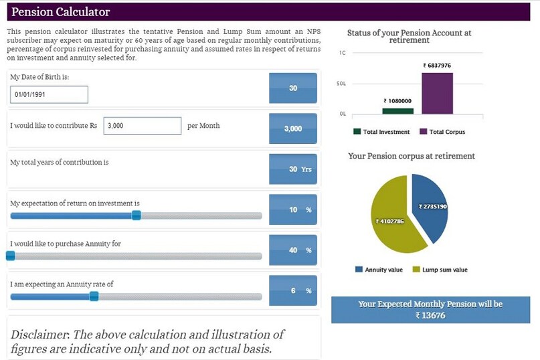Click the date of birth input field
[x=50, y=95]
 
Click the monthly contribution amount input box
[x=142, y=126]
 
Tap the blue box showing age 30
[x=292, y=88]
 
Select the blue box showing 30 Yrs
[x=292, y=169]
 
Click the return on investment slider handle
[x=136, y=215]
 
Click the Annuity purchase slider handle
[x=10, y=255]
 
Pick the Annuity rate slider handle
[x=94, y=296]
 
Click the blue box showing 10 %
[x=292, y=210]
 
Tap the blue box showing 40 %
[x=292, y=250]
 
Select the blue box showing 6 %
[x=292, y=291]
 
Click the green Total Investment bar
[x=397, y=110]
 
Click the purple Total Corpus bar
[x=437, y=93]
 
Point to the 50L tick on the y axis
[x=341, y=84]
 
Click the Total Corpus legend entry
[x=442, y=132]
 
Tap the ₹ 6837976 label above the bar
[x=437, y=66]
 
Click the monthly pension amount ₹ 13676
[x=430, y=315]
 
